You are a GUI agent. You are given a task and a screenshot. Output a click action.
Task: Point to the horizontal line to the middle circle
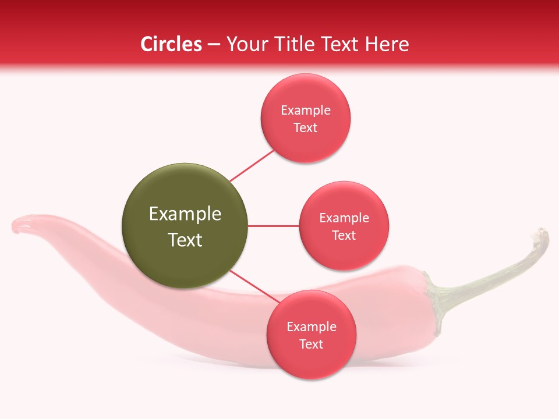coord(273,226)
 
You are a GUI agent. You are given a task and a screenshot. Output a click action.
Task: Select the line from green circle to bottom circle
coord(254,287)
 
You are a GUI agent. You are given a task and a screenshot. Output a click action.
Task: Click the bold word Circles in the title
coord(171,44)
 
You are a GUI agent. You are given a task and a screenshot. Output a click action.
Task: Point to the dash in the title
coord(214,45)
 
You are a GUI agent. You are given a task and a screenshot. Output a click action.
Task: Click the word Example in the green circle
coord(185,214)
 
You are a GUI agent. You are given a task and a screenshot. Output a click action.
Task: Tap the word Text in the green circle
coord(185,240)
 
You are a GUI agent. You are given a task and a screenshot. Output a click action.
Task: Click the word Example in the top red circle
coord(305,111)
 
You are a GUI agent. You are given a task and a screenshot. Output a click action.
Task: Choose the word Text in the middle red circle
coord(344,236)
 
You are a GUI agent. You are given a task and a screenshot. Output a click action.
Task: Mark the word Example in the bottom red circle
coord(311,327)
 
